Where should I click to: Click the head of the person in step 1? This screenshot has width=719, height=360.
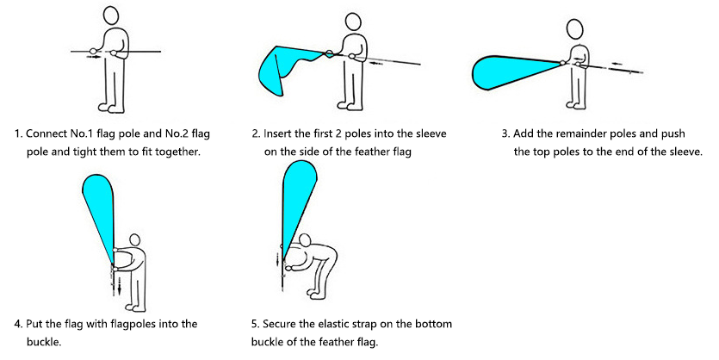[111, 16]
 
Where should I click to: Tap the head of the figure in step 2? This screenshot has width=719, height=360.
[353, 22]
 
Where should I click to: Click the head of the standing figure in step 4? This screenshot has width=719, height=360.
[134, 239]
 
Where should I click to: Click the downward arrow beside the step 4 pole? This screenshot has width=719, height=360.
[119, 286]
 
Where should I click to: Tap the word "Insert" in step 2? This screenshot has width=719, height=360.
[276, 133]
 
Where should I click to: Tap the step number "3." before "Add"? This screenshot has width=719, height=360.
[505, 133]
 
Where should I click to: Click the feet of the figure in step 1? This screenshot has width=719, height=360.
[111, 109]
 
